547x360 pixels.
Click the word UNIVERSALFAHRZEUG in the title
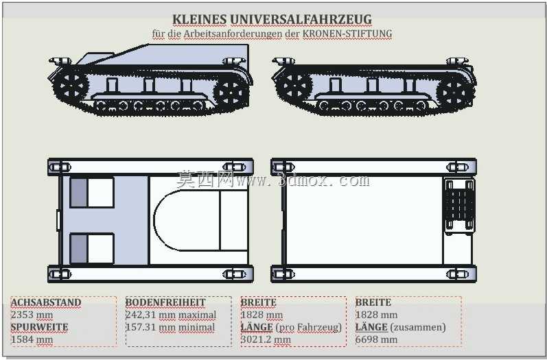pos(301,19)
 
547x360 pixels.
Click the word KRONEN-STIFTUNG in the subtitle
pos(347,34)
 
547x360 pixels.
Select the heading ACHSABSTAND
pos(46,302)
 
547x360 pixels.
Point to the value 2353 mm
pos(32,315)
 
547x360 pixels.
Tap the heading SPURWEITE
pos(39,327)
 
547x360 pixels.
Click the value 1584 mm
pos(32,339)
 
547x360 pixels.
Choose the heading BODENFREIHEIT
pos(165,302)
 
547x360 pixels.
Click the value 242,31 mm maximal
pos(171,315)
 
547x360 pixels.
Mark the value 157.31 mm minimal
pos(170,327)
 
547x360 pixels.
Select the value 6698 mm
pos(376,339)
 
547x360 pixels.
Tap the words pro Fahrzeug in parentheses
pos(309,327)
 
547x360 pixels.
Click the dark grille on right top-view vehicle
pos(459,205)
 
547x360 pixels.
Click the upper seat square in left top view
pos(92,193)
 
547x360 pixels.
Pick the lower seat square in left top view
pos(92,248)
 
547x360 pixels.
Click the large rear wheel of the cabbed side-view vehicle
pos(230,93)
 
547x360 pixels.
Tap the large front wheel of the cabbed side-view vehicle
pos(71,86)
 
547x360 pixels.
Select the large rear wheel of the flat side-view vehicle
pos(453,93)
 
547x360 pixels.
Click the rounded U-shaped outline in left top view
pos(154,220)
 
